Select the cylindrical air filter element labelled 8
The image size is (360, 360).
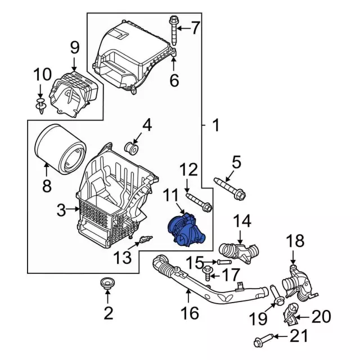pos(60,148)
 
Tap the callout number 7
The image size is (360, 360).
pos(195,28)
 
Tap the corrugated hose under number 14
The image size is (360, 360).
pos(238,252)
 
